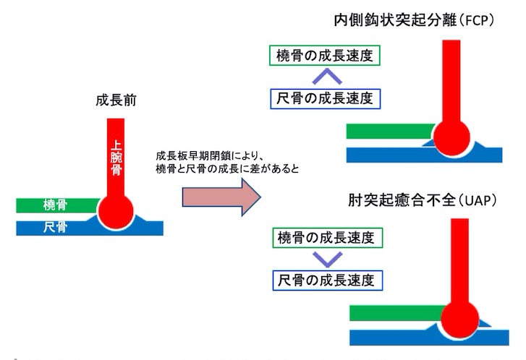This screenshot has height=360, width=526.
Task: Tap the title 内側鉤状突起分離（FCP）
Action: (414, 20)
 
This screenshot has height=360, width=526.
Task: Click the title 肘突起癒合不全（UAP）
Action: (424, 200)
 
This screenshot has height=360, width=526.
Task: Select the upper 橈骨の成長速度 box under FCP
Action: (325, 55)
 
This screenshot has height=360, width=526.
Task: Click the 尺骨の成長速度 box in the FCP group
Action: (325, 97)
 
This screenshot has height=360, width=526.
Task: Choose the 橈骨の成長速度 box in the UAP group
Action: (325, 236)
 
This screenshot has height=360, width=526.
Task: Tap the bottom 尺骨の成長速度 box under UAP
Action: (325, 278)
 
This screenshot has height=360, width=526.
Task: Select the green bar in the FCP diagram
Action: (391, 131)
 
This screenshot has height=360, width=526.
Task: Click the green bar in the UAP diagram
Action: (394, 312)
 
